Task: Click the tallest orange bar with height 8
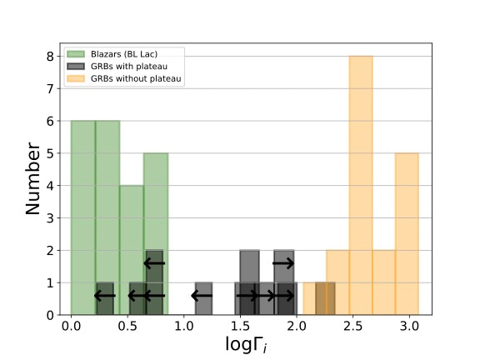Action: (361, 185)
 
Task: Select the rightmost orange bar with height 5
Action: (407, 233)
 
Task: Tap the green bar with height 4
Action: (132, 250)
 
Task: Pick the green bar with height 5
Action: (156, 233)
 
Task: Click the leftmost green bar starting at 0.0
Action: (83, 217)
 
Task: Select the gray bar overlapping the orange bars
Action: (325, 299)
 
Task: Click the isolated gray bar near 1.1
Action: (203, 299)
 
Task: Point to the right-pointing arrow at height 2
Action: (283, 263)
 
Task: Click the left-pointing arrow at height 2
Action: (154, 263)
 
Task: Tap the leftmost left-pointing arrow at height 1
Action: (104, 295)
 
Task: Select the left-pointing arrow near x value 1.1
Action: (202, 295)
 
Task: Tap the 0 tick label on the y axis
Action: (50, 315)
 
